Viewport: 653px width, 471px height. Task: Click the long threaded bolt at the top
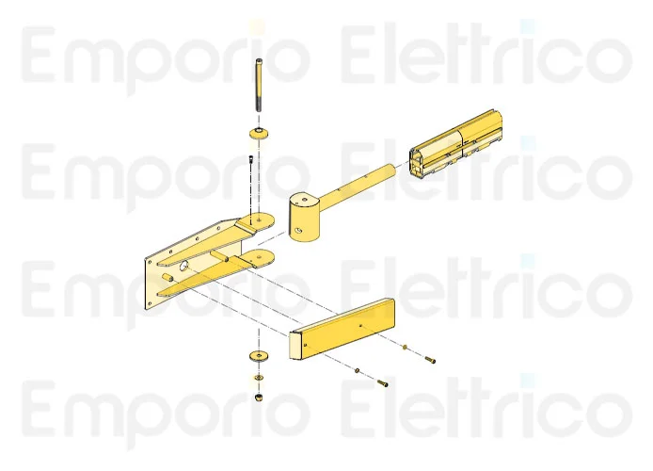(x=259, y=85)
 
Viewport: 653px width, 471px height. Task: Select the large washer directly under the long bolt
(x=259, y=134)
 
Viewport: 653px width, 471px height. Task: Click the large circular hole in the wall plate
(x=183, y=265)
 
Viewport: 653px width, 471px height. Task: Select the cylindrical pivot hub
(x=305, y=217)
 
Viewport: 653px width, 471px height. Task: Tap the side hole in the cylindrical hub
(x=299, y=231)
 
